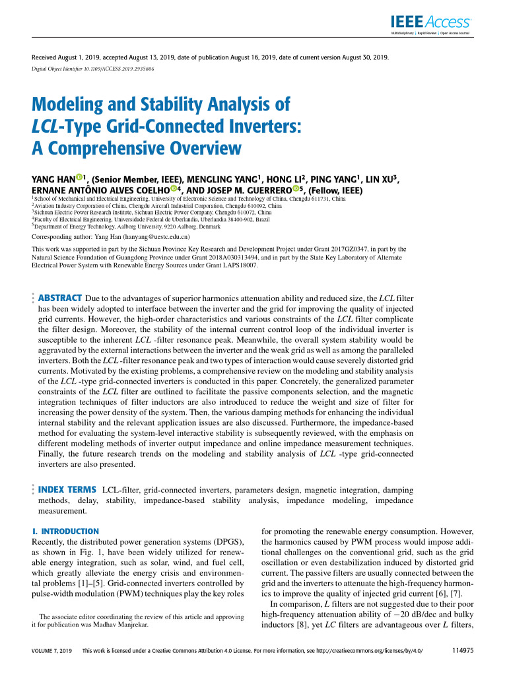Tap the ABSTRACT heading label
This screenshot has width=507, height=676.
tap(60, 298)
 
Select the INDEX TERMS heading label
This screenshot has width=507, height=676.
tap(67, 490)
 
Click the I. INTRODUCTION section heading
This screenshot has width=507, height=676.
tap(66, 531)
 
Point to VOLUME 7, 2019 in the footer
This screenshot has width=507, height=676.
tap(52, 650)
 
